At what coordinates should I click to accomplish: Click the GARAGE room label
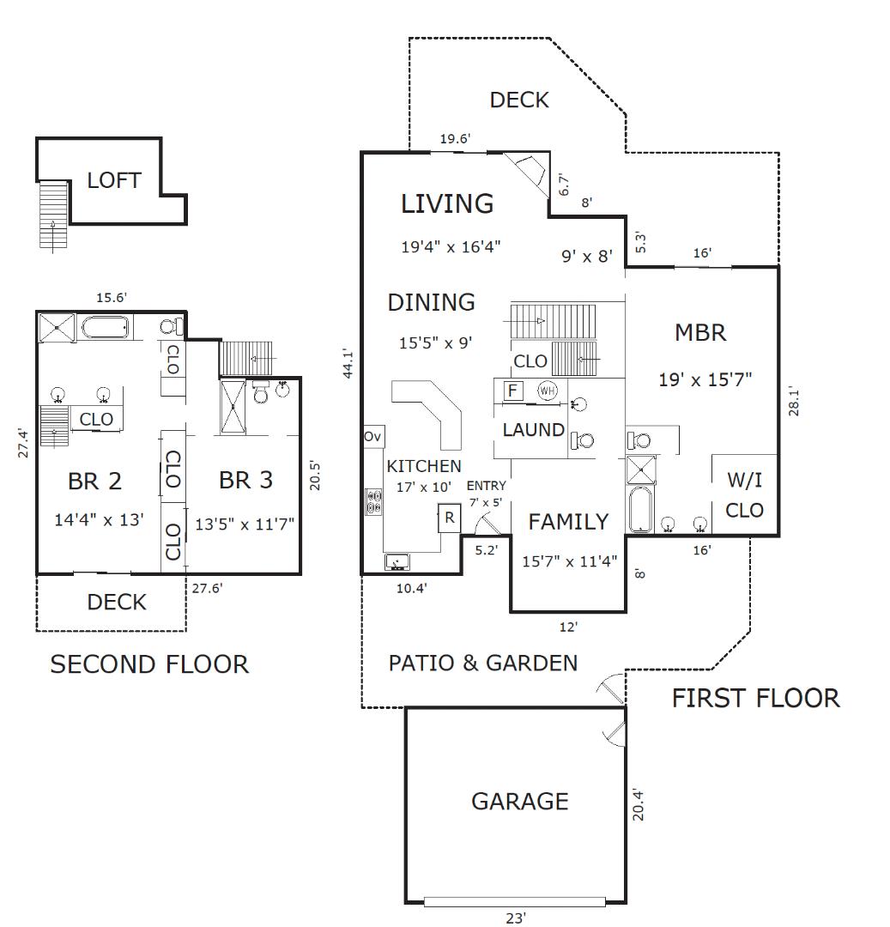(519, 802)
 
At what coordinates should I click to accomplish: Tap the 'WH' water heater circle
(547, 391)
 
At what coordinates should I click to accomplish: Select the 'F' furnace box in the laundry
(512, 391)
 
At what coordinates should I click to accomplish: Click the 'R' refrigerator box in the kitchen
(449, 518)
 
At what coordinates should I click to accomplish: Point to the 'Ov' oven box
(372, 437)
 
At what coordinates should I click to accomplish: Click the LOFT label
(114, 181)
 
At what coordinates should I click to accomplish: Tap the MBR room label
(700, 333)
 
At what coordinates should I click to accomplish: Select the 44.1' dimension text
(348, 363)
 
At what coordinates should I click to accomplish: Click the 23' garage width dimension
(516, 918)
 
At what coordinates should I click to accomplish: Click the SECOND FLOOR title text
(149, 664)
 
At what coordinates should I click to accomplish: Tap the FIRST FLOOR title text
(755, 699)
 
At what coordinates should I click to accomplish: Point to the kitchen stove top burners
(374, 501)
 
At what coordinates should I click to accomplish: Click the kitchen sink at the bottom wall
(397, 562)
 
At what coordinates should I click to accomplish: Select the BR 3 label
(245, 480)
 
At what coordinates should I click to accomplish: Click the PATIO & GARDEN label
(482, 663)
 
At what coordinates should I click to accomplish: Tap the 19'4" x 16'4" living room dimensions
(451, 247)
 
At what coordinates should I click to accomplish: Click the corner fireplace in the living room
(525, 169)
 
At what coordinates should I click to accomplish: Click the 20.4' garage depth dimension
(638, 805)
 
